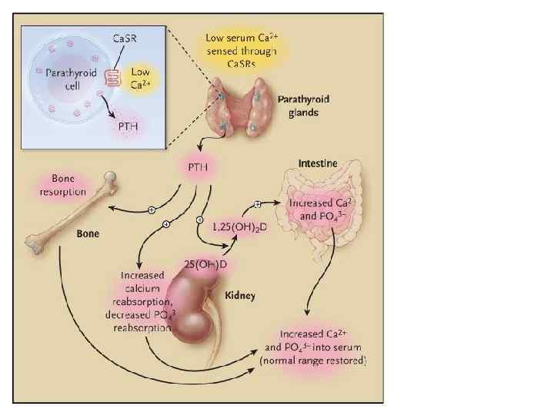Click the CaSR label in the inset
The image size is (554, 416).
[x=126, y=38]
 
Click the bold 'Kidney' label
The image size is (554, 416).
[x=240, y=295]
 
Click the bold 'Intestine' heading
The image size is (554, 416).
[x=320, y=165]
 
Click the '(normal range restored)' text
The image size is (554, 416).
[x=313, y=361]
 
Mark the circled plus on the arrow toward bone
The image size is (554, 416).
[x=152, y=209]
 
